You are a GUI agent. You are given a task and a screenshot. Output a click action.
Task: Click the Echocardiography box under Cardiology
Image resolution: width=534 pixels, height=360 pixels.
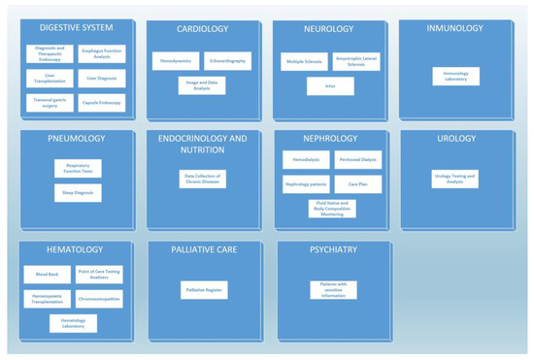227,60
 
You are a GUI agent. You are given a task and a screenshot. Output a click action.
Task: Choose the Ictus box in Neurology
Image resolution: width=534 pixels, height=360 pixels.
330,86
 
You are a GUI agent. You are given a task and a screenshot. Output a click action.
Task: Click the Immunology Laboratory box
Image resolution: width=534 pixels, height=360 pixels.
455,76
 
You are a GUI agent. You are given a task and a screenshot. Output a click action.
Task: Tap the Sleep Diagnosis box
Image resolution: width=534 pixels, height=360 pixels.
78,192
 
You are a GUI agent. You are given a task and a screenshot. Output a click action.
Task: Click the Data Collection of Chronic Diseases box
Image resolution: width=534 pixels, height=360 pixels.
203,179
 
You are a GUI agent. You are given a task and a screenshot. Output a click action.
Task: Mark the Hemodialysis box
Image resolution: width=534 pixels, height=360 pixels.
306,159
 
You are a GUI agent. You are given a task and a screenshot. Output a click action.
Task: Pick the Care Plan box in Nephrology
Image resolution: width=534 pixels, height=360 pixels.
357,183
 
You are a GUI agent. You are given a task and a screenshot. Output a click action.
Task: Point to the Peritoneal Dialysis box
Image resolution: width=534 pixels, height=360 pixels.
357,159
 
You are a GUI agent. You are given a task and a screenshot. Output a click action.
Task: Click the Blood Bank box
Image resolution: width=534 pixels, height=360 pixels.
47,275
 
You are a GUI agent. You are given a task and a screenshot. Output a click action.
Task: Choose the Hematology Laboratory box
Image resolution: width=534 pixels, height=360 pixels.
73,323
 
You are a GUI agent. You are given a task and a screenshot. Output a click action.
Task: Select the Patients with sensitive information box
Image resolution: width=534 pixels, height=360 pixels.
334,289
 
